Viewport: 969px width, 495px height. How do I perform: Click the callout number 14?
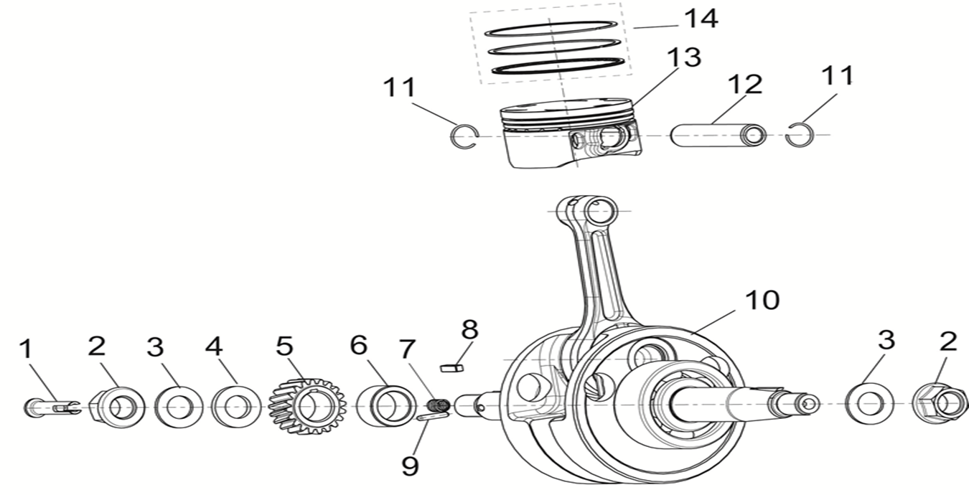click(700, 19)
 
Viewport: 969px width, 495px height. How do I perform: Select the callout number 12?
click(744, 85)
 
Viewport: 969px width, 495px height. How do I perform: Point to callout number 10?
click(762, 300)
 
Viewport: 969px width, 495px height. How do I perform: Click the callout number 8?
click(469, 330)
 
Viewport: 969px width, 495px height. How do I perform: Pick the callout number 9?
click(409, 466)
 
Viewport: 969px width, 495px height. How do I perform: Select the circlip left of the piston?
click(464, 136)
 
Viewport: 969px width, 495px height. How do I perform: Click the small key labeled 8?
click(451, 368)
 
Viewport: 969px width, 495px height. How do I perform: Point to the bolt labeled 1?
click(50, 407)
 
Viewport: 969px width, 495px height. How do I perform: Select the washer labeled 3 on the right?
click(869, 404)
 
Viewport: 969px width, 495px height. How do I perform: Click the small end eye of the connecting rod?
click(601, 211)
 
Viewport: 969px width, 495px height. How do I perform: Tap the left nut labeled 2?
click(117, 406)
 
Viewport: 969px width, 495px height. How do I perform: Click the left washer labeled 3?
click(178, 406)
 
